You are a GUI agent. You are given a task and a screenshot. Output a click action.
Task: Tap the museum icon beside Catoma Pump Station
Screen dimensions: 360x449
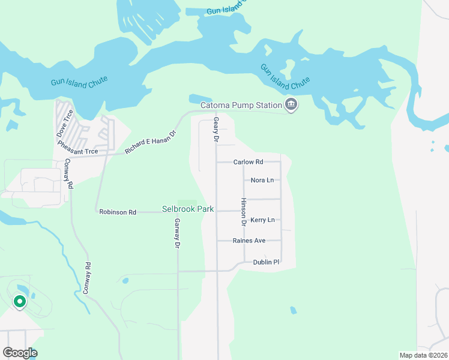click(x=292, y=105)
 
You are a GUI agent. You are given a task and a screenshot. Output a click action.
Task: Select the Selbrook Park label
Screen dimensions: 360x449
click(x=188, y=209)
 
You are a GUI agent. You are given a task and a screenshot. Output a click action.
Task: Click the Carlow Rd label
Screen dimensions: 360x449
click(x=249, y=162)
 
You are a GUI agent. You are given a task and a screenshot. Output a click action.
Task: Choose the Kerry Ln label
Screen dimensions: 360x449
click(x=262, y=220)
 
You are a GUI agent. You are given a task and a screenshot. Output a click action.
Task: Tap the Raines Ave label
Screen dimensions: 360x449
click(x=249, y=241)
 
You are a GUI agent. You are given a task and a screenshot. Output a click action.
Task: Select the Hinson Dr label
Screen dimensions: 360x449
click(x=244, y=212)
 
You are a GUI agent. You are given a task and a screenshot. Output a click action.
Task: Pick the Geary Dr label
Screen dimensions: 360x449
click(x=215, y=130)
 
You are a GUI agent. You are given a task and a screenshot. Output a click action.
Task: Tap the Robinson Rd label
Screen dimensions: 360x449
click(x=118, y=212)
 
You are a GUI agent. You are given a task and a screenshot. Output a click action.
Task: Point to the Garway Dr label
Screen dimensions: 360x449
click(x=178, y=233)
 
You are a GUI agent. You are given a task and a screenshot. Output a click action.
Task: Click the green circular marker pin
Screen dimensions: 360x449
click(x=20, y=302)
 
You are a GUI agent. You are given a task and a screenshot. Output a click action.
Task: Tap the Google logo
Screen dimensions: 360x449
click(x=20, y=353)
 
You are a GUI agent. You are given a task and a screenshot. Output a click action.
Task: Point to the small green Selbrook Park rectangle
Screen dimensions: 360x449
click(x=187, y=203)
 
